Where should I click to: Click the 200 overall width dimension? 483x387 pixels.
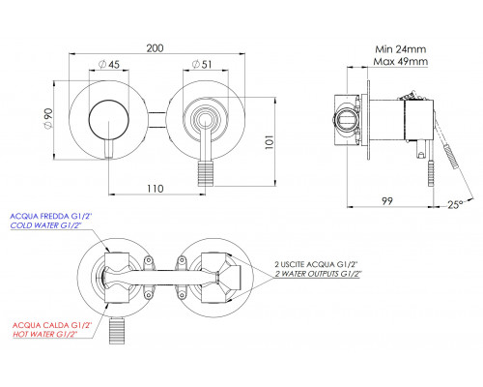pos(156,48)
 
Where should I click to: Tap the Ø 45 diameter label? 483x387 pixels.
pos(108,65)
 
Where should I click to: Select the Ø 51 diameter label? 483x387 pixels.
pos(202,65)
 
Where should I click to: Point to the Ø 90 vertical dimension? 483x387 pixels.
pos(47,119)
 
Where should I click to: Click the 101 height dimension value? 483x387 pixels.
pos(270,142)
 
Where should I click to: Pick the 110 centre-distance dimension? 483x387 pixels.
pos(156,189)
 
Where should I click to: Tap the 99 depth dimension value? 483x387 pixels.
pos(387,201)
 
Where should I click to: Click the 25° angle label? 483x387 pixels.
pos(455,204)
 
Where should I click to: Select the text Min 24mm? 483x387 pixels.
pos(400,49)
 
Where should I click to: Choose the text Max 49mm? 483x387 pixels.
pos(401,61)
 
